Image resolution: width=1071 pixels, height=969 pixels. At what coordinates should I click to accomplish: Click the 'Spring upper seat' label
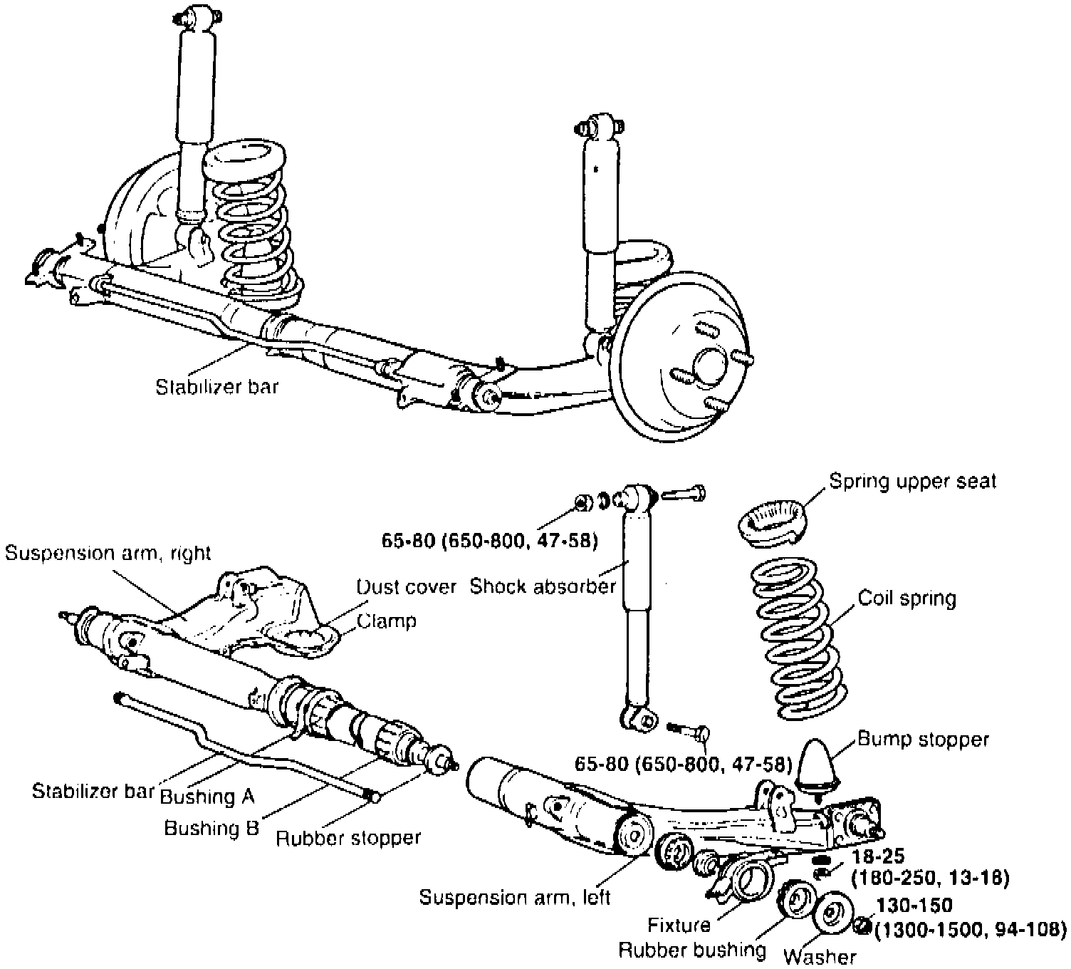tap(913, 482)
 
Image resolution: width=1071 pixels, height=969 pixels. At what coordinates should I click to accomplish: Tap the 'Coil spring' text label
tap(907, 598)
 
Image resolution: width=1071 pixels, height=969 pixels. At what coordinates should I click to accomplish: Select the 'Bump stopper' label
tap(923, 740)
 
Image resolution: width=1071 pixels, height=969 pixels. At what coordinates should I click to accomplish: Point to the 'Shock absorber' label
tap(543, 586)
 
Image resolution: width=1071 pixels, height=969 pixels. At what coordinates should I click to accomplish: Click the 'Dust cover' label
tap(406, 586)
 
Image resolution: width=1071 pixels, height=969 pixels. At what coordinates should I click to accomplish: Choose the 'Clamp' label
tap(387, 621)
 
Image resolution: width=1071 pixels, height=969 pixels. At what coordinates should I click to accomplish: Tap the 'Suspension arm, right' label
tap(108, 553)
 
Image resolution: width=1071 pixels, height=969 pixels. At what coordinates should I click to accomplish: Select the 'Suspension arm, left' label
tap(514, 897)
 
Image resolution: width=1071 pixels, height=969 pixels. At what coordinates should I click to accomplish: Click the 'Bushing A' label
tap(207, 796)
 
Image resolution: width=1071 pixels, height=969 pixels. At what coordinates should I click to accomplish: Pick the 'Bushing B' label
tap(211, 828)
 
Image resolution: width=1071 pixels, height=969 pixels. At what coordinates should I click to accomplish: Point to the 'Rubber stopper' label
tap(348, 838)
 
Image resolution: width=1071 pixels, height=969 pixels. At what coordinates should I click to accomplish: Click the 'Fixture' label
tap(679, 926)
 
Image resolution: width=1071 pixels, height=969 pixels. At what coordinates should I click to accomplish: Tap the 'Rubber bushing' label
tap(691, 950)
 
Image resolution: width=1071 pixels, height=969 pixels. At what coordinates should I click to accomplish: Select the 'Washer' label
tap(820, 956)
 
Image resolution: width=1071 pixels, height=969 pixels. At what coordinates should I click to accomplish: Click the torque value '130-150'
tap(914, 906)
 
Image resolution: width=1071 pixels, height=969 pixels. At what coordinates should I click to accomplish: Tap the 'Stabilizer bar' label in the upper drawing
tap(217, 387)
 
